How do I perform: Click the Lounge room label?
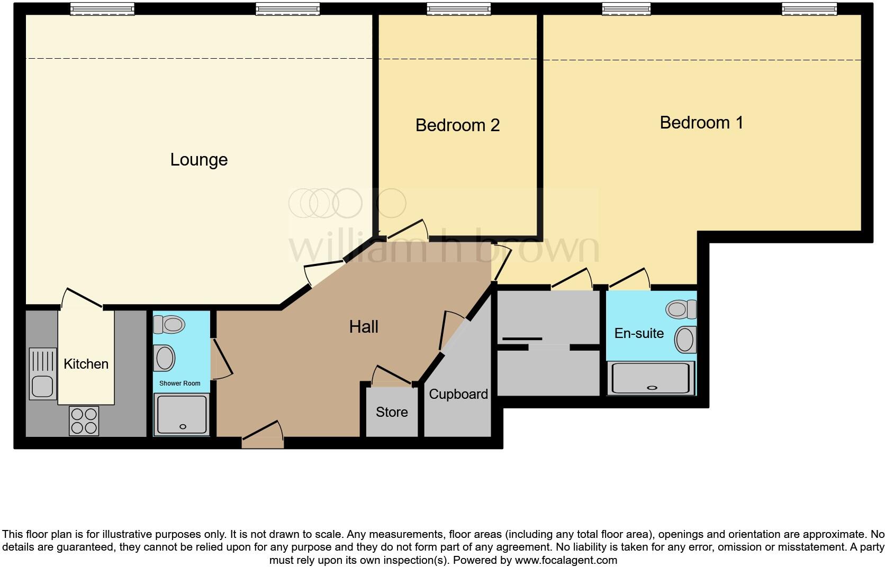tap(198, 160)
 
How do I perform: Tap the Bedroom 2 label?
tap(457, 125)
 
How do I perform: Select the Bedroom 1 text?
tap(701, 123)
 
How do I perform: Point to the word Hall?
tap(364, 327)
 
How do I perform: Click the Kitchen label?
tap(86, 364)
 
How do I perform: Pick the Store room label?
tap(392, 412)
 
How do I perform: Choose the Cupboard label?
tap(458, 394)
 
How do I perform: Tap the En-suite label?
tap(639, 333)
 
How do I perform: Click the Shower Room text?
tap(180, 383)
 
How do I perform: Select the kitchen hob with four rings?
tap(84, 420)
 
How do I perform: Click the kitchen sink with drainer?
tap(42, 373)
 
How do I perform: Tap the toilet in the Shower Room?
tap(168, 324)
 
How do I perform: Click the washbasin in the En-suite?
tap(685, 340)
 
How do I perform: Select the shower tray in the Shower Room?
tap(180, 415)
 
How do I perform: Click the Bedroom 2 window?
tap(458, 8)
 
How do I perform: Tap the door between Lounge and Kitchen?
tap(82, 298)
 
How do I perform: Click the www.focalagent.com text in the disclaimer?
tap(566, 560)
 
